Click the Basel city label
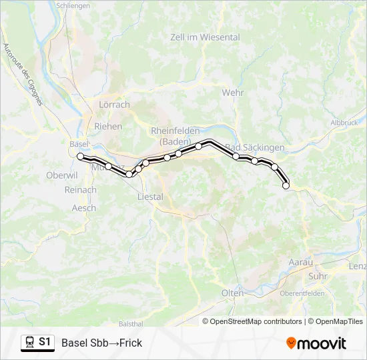point(78,143)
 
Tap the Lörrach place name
point(114,105)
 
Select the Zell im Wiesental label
point(205,37)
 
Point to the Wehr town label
point(233,93)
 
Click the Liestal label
point(149,197)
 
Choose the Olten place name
point(232,293)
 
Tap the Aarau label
point(300,263)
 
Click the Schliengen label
point(73,5)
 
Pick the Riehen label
point(109,126)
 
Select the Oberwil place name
point(62,175)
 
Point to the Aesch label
point(84,208)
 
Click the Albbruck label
point(344,123)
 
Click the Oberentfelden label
point(302,293)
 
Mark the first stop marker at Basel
point(81,157)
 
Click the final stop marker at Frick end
point(286,186)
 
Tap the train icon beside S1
point(29,343)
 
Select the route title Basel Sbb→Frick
point(101,343)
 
